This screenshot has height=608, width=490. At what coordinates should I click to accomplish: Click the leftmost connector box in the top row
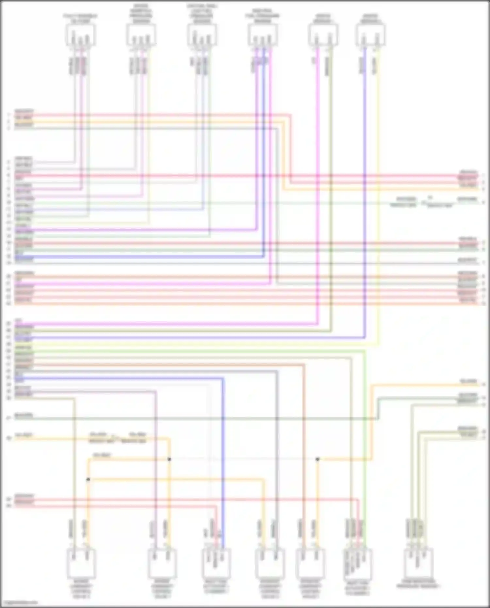[80, 35]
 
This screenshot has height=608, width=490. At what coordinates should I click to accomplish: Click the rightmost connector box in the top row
[371, 35]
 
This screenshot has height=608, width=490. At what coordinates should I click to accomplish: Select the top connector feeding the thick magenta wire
[323, 35]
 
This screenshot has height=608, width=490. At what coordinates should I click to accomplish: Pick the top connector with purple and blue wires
[263, 35]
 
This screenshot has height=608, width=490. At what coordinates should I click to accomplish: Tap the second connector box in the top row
[141, 35]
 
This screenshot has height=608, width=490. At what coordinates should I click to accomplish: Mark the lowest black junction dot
[88, 479]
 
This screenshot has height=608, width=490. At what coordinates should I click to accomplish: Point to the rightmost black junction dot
[318, 459]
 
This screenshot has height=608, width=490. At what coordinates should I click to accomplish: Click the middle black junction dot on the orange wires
[169, 459]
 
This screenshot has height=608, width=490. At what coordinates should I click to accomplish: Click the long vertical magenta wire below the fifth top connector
[318, 196]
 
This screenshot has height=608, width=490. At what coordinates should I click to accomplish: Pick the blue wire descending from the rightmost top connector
[365, 196]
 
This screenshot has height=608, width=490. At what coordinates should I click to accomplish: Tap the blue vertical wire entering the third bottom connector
[223, 457]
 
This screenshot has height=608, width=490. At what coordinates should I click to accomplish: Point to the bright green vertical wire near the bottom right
[365, 425]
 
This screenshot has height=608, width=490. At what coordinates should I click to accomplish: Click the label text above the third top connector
[202, 13]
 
